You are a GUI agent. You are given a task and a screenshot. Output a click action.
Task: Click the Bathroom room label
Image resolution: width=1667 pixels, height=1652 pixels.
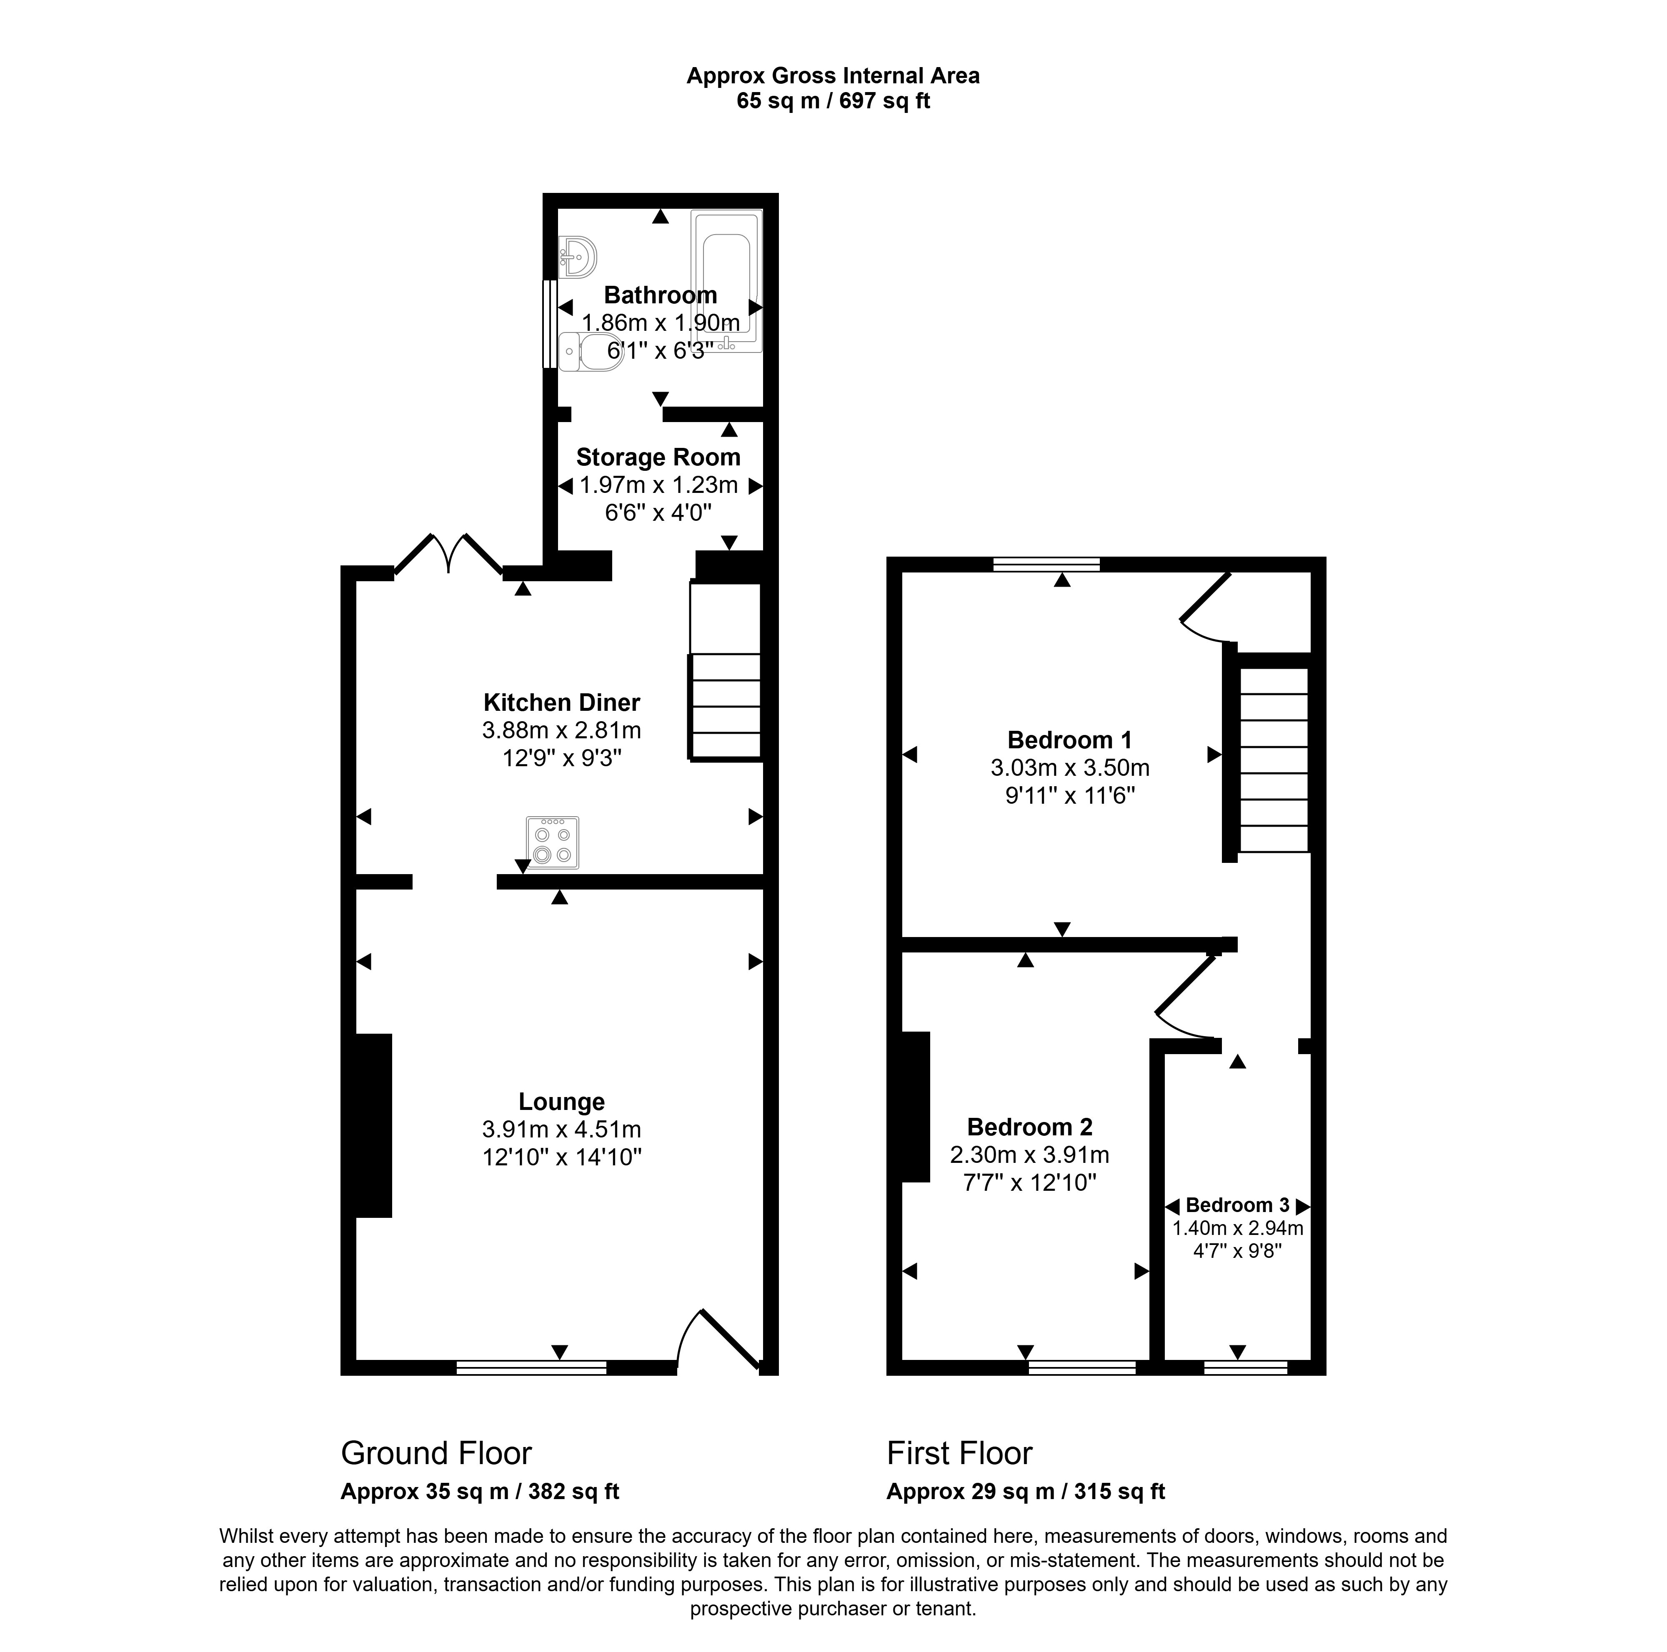pyautogui.click(x=660, y=295)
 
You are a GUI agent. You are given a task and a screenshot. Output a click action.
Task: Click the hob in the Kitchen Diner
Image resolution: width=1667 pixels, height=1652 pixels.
pyautogui.click(x=552, y=842)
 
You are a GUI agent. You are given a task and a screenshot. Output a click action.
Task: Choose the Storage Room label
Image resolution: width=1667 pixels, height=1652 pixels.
pyautogui.click(x=658, y=457)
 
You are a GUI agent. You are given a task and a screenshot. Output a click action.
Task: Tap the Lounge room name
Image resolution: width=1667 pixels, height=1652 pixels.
pyautogui.click(x=562, y=1102)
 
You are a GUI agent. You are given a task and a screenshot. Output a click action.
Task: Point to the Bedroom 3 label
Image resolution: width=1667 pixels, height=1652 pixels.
pyautogui.click(x=1237, y=1205)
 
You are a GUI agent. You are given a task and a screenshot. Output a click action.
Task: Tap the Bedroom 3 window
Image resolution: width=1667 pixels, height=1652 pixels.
pyautogui.click(x=1245, y=1367)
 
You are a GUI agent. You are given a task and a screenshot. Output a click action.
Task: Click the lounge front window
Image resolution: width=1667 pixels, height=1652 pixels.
pyautogui.click(x=531, y=1367)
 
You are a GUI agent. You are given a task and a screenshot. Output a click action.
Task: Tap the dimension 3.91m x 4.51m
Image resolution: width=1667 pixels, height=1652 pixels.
pyautogui.click(x=562, y=1129)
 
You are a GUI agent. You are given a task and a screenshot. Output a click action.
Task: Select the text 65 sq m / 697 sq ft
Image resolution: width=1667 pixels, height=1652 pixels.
pyautogui.click(x=833, y=101)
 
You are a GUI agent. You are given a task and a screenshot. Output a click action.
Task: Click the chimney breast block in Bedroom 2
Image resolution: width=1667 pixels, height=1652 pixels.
pyautogui.click(x=916, y=1106)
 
